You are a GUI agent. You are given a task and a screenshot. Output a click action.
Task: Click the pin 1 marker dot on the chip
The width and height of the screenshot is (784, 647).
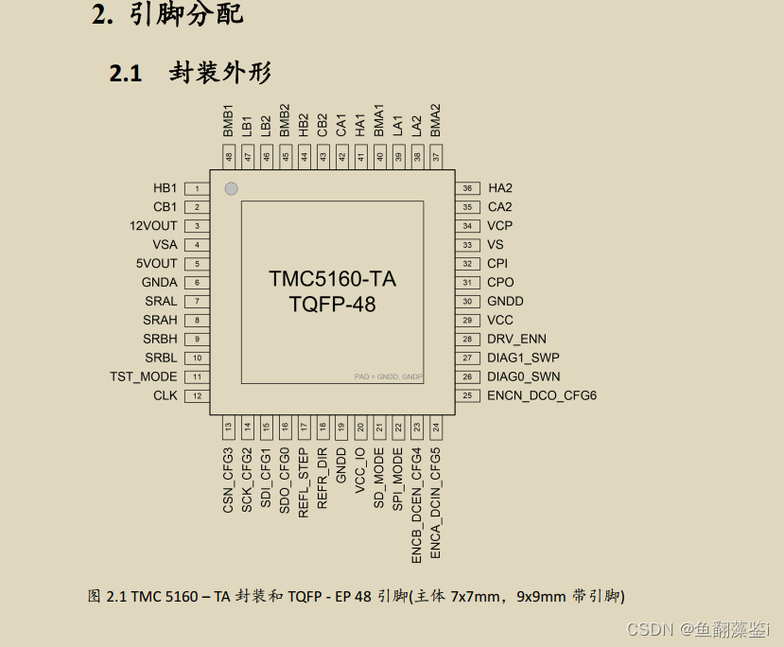coord(231,189)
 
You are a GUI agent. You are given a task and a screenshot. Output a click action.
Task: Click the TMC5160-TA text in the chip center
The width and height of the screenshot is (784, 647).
coord(332,279)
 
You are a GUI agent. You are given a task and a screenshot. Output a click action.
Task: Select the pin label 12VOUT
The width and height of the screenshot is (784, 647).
coord(153,226)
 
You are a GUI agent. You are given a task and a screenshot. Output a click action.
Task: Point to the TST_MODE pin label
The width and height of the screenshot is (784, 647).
coord(143,377)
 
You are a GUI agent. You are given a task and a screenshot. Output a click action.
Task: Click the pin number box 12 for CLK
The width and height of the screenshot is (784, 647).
coord(197,396)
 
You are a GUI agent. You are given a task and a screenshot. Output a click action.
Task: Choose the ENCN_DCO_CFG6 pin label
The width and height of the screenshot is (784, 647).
coord(542,396)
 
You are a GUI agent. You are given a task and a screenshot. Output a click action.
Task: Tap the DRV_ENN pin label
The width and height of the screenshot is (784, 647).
coord(516,340)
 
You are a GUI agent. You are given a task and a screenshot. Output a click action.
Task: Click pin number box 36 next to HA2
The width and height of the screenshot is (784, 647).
coord(467,189)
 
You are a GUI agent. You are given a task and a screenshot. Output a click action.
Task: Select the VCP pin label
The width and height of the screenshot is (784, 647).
coord(499,226)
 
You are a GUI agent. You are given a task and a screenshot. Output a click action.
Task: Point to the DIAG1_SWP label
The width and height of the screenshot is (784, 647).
coord(523,358)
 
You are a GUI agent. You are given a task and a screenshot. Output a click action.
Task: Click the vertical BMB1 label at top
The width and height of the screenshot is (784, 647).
coord(229,121)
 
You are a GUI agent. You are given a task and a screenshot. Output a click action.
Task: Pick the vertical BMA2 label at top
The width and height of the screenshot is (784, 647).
coord(436,121)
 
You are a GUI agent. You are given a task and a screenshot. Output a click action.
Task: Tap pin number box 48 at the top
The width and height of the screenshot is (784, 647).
coord(228,157)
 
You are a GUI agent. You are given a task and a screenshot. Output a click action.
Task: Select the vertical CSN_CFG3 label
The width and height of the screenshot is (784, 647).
coord(228,481)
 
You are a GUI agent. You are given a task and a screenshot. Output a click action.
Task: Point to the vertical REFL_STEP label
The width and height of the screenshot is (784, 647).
coord(304,481)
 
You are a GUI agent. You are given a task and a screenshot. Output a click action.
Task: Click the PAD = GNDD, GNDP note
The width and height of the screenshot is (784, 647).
coord(389,377)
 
